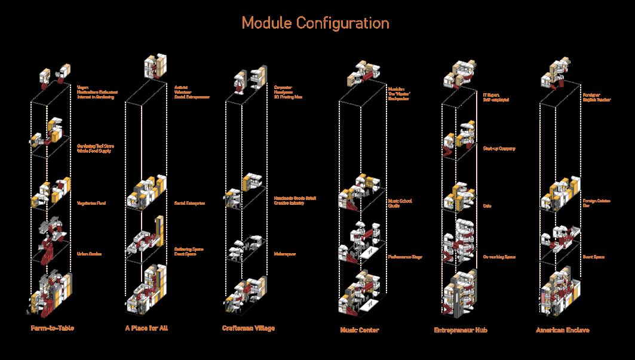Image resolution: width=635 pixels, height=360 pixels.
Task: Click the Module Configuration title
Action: pyautogui.click(x=315, y=23)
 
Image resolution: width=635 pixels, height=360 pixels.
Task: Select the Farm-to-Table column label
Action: pyautogui.click(x=53, y=328)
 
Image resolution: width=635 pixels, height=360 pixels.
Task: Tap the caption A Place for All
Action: pyautogui.click(x=146, y=328)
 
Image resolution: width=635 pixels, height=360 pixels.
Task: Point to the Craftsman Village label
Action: pyautogui.click(x=249, y=328)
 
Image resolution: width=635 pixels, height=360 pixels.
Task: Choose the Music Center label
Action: pyautogui.click(x=360, y=330)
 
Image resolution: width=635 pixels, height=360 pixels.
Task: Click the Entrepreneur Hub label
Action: pyautogui.click(x=460, y=330)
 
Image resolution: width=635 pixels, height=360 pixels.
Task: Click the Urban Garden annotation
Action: pyautogui.click(x=89, y=254)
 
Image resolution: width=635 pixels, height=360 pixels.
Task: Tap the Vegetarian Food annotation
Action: pyautogui.click(x=91, y=204)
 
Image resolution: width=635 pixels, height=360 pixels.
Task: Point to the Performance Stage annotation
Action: pyautogui.click(x=405, y=257)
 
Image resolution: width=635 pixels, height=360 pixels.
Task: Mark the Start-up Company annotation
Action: pyautogui.click(x=498, y=148)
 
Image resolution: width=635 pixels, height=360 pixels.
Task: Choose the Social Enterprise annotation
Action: pyautogui.click(x=189, y=204)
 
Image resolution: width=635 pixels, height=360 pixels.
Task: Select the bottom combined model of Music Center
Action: pyautogui.click(x=358, y=293)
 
